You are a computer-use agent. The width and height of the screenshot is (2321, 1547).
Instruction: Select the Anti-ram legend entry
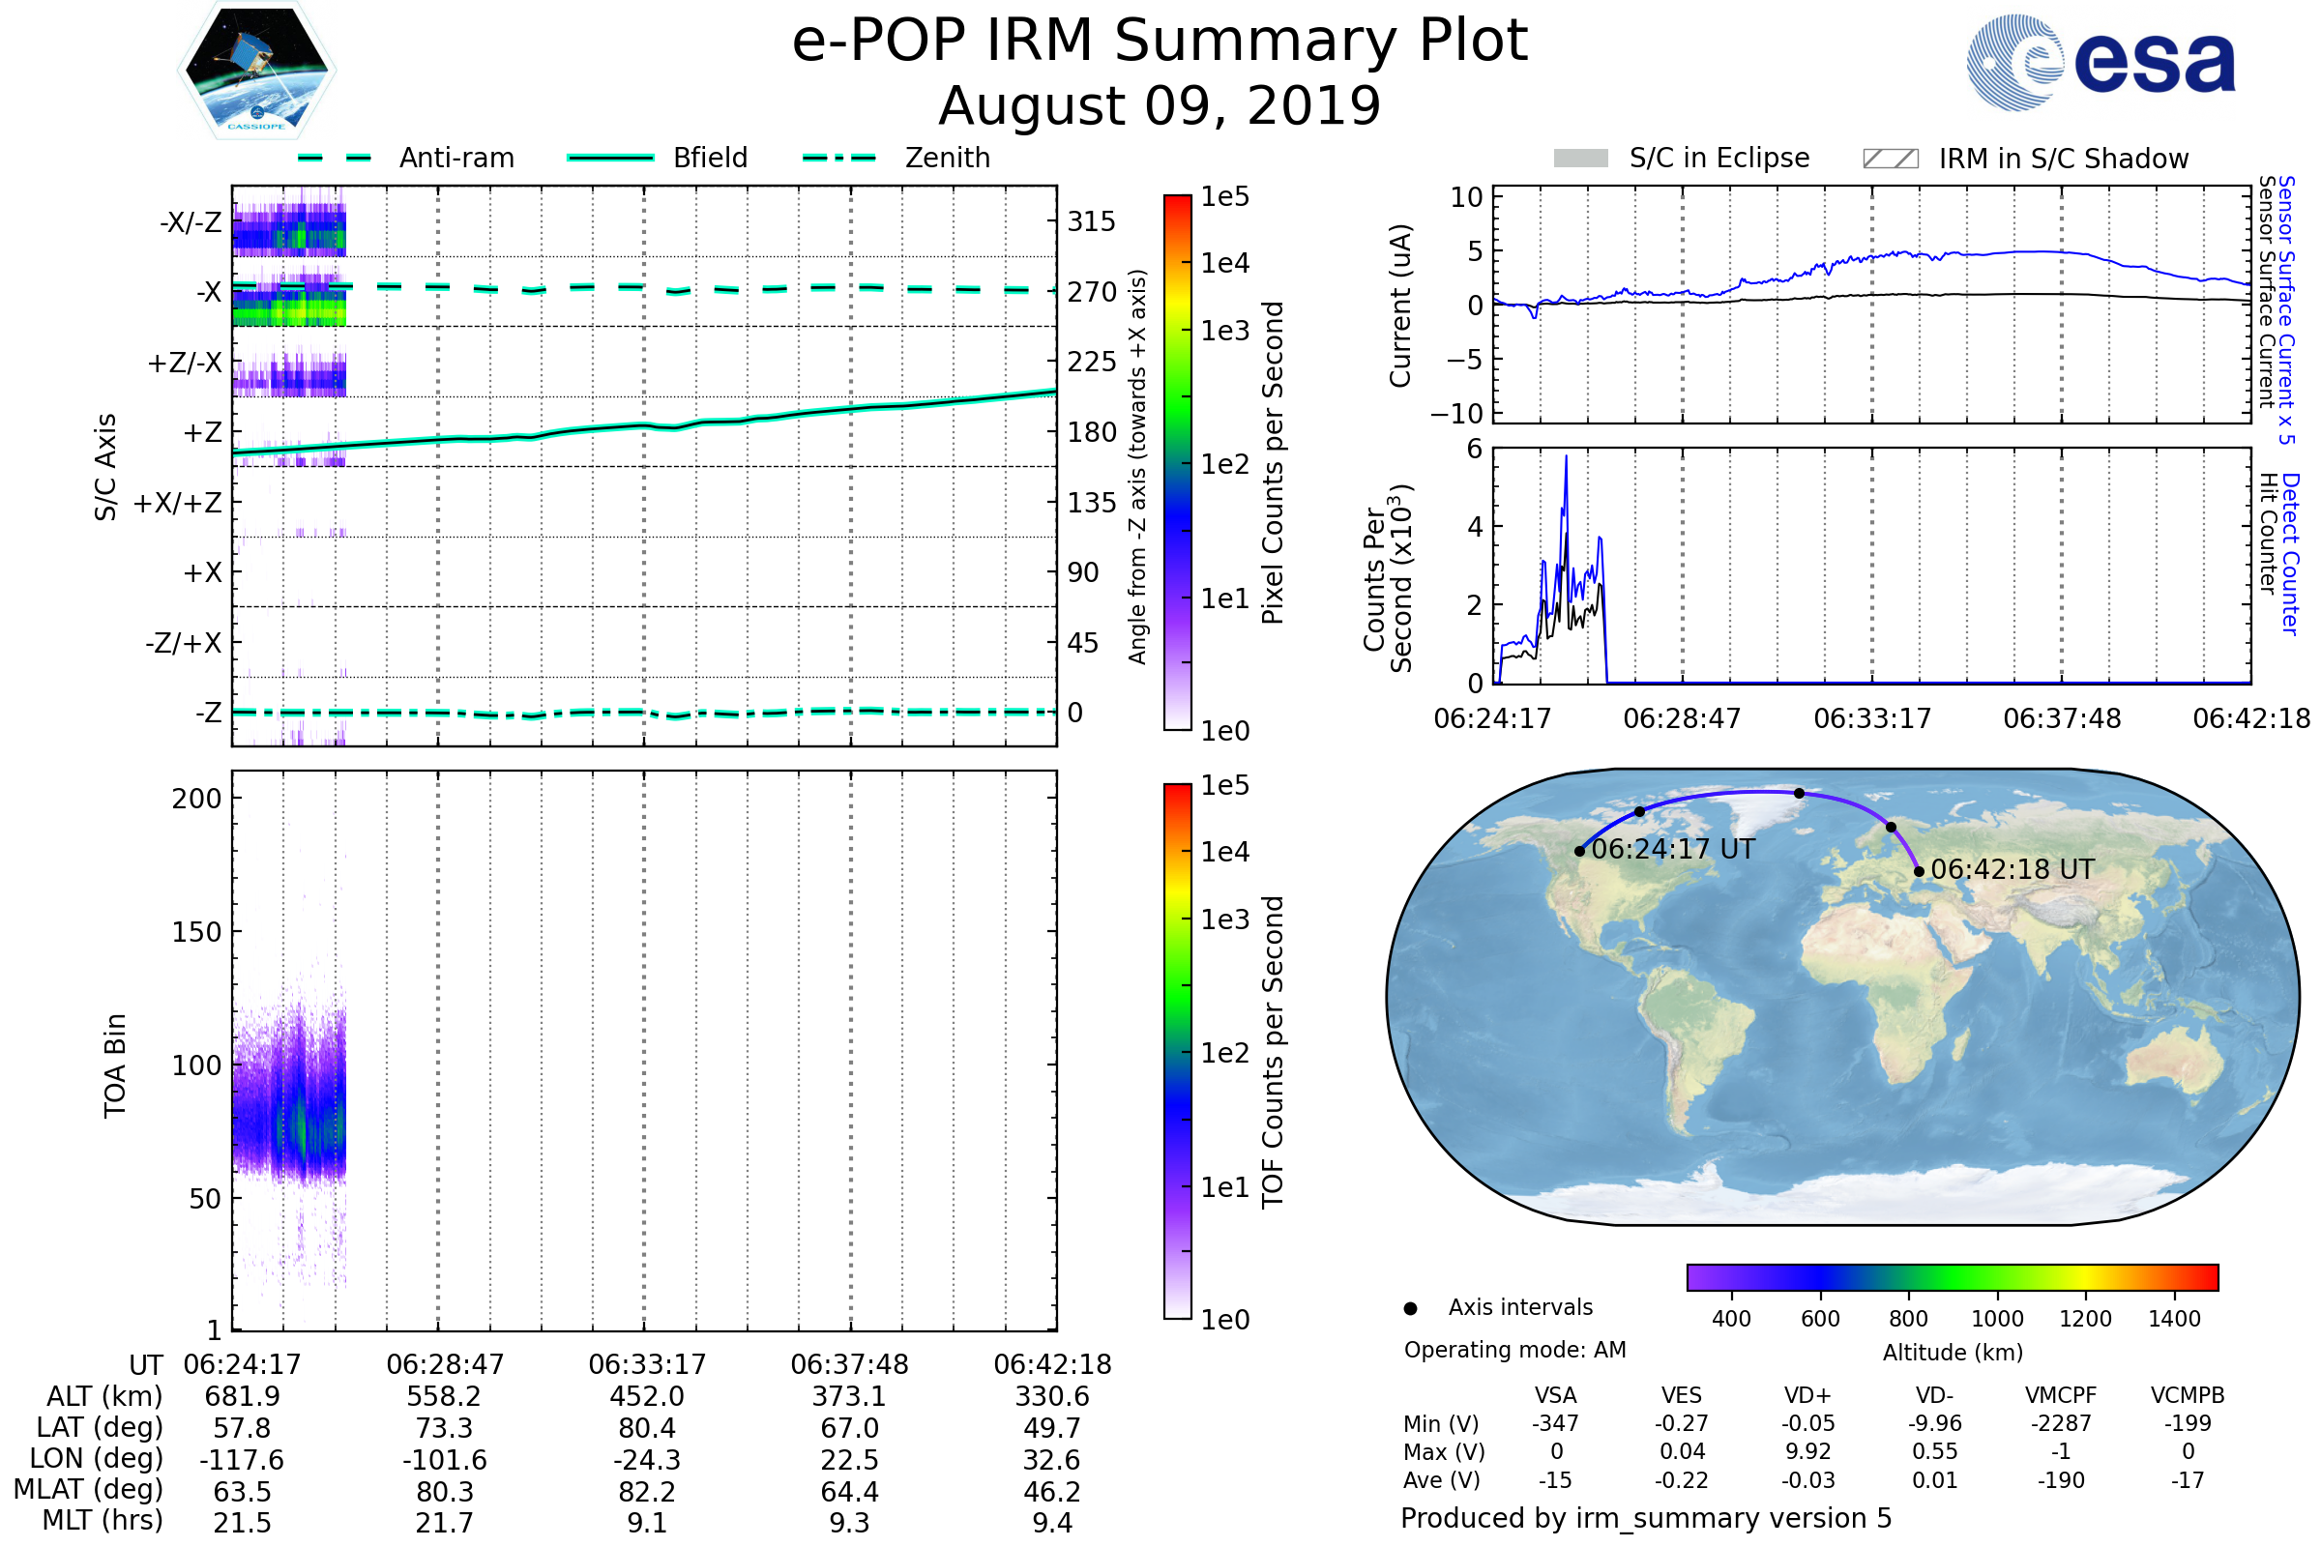tap(406, 158)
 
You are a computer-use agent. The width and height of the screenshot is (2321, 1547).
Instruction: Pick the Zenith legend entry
tap(897, 158)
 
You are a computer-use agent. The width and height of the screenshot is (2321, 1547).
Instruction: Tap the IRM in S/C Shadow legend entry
tap(2025, 159)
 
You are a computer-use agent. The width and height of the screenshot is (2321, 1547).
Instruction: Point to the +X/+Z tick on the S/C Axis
tap(178, 503)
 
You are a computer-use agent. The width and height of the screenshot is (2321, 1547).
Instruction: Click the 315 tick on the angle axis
tap(1091, 221)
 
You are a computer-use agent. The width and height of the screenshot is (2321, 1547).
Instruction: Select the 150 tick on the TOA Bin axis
tap(196, 932)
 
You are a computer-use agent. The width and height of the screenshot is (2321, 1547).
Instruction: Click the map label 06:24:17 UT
tap(1673, 850)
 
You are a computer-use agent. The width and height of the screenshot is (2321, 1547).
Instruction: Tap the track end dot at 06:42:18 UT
tap(1919, 871)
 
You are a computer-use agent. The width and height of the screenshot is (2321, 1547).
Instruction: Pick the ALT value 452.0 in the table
tap(646, 1397)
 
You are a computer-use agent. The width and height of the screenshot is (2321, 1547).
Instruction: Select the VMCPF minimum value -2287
tap(2061, 1423)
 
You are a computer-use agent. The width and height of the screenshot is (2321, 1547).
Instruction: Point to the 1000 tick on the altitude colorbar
tap(1996, 1319)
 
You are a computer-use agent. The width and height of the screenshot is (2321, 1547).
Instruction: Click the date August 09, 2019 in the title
tap(1160, 105)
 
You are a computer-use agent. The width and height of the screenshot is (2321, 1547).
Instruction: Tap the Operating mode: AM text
tap(1514, 1350)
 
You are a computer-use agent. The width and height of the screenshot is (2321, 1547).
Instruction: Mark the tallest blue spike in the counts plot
tap(1565, 456)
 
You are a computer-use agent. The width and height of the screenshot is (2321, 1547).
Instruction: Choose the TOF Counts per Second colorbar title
tap(1273, 1052)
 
